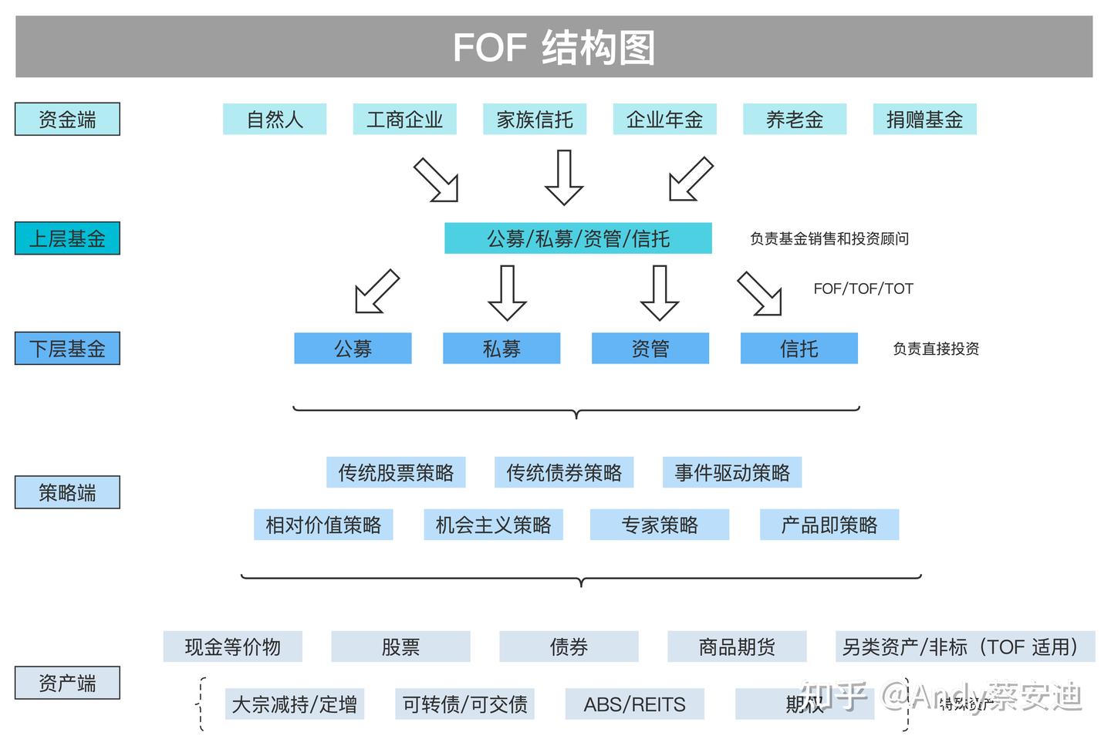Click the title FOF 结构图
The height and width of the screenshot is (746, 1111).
click(x=554, y=47)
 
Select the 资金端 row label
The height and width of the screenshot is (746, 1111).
click(x=67, y=120)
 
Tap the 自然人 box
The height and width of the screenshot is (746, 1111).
click(x=275, y=120)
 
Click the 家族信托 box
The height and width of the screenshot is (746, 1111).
click(x=534, y=120)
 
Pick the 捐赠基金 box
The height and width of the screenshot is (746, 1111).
click(x=924, y=120)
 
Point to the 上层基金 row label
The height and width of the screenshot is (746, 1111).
click(x=67, y=238)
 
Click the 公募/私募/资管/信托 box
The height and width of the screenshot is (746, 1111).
click(x=578, y=238)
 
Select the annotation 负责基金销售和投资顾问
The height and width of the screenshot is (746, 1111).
click(x=829, y=239)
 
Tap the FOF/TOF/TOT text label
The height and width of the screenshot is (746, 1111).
click(x=863, y=289)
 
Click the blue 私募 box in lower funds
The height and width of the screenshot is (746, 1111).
click(x=501, y=349)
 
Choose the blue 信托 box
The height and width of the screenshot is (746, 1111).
click(x=799, y=349)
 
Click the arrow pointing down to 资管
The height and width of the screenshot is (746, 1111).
click(x=660, y=293)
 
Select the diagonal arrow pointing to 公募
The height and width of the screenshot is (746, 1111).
click(x=377, y=292)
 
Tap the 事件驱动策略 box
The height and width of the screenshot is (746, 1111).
click(x=732, y=473)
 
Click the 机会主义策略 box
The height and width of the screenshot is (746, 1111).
click(x=493, y=525)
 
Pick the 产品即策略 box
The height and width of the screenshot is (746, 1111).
click(x=829, y=525)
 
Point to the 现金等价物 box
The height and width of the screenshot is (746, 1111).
click(x=232, y=647)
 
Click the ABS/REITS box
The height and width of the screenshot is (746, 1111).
click(x=634, y=704)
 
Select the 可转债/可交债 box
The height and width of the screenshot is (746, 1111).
click(x=464, y=704)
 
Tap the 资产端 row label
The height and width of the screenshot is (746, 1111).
click(x=67, y=684)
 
